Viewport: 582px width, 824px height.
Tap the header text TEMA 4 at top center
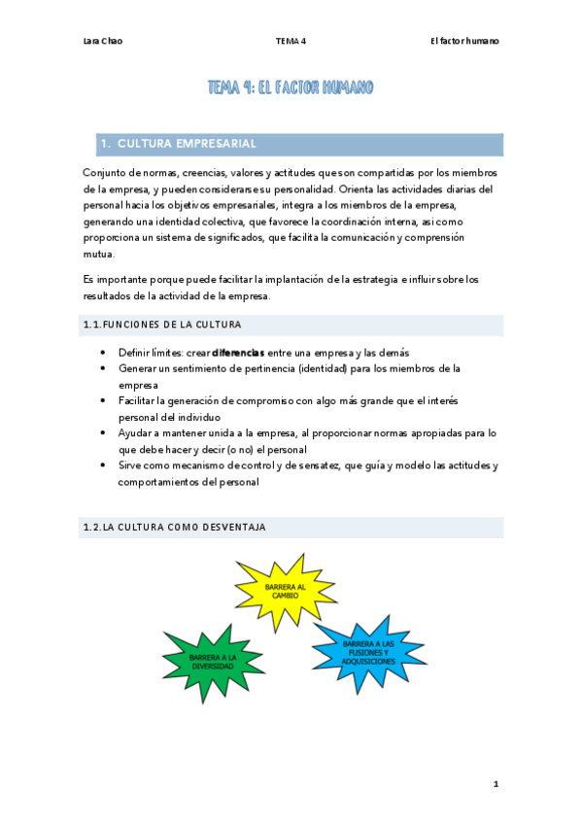pyautogui.click(x=290, y=41)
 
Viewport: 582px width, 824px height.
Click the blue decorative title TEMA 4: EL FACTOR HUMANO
pyautogui.click(x=291, y=88)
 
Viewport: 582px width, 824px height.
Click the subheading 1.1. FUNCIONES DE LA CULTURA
pyautogui.click(x=163, y=324)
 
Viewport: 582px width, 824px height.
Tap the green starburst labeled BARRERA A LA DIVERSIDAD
pyautogui.click(x=213, y=661)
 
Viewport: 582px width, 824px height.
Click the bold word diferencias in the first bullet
pyautogui.click(x=238, y=352)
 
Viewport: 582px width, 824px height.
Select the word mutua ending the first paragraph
pyautogui.click(x=99, y=255)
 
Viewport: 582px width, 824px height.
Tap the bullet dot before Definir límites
pyautogui.click(x=104, y=352)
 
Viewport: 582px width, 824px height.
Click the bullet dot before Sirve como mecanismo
pyautogui.click(x=104, y=465)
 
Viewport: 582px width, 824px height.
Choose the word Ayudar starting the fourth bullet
pyautogui.click(x=136, y=432)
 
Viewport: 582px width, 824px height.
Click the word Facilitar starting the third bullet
pyautogui.click(x=140, y=400)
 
